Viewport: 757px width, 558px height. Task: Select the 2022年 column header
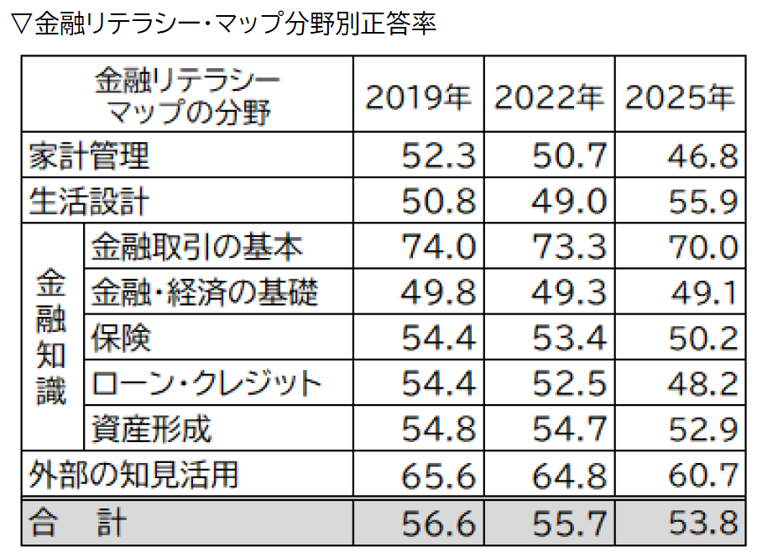click(549, 98)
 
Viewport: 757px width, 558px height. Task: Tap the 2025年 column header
click(680, 98)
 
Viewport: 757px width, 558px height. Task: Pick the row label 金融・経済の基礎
click(204, 292)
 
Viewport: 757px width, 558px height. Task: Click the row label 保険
click(122, 338)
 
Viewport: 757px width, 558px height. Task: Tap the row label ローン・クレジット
click(206, 383)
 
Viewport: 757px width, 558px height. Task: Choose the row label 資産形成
click(151, 429)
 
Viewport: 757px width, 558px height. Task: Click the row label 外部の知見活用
click(133, 474)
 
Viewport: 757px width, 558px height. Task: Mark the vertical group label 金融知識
click(52, 338)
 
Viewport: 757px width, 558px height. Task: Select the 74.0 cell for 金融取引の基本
click(438, 247)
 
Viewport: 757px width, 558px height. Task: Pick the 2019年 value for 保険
click(438, 338)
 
